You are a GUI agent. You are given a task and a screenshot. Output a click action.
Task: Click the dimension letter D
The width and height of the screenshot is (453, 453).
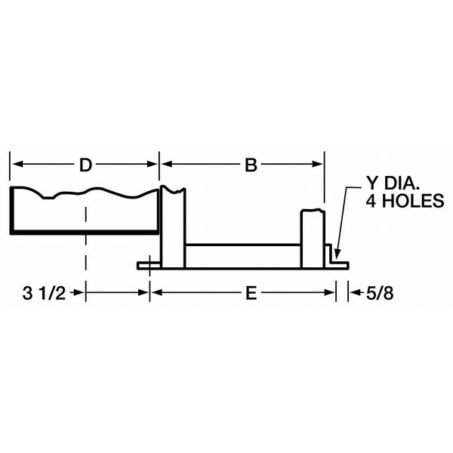click(85, 165)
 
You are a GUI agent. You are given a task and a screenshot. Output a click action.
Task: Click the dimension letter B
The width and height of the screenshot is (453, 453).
click(251, 165)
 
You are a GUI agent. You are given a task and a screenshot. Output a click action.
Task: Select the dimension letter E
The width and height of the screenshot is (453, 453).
click(251, 294)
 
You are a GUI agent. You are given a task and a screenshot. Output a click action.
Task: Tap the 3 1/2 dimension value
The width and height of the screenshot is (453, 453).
click(44, 293)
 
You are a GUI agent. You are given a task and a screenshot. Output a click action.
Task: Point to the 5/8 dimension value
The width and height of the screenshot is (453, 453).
click(380, 294)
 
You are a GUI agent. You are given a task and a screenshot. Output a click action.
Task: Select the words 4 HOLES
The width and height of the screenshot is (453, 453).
click(405, 201)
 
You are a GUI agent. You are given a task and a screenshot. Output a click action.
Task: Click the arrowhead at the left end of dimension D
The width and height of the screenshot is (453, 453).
click(17, 164)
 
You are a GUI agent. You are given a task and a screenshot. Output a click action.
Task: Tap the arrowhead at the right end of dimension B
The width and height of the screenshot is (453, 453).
click(317, 164)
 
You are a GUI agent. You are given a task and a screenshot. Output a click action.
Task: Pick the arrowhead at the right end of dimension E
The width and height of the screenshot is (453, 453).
click(329, 292)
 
